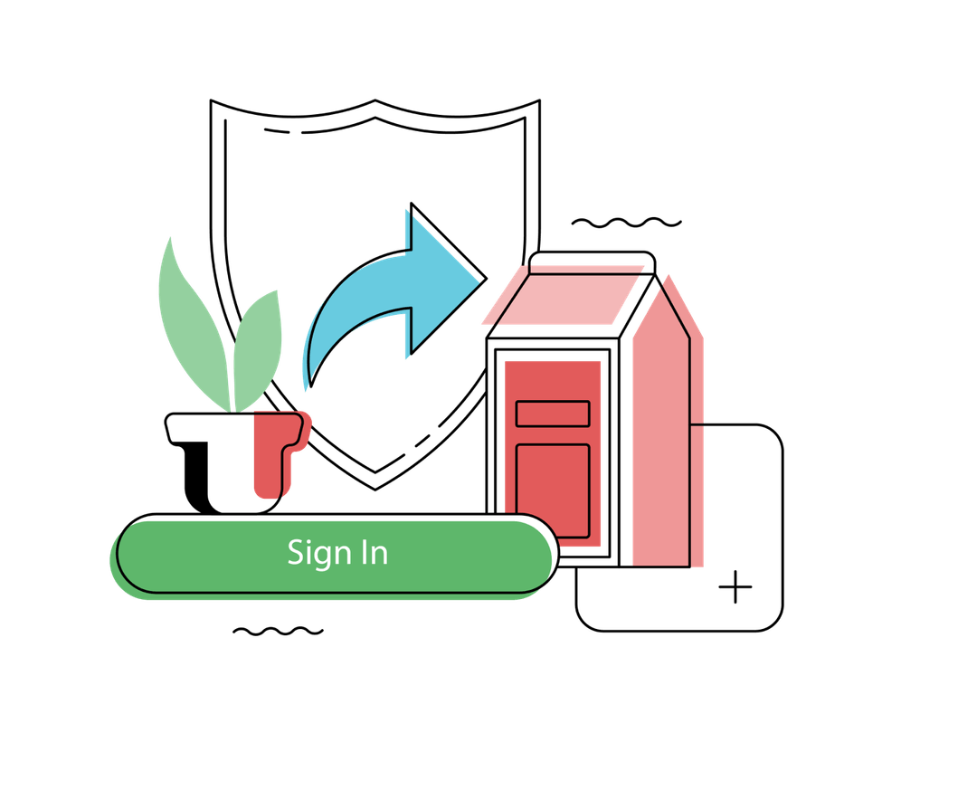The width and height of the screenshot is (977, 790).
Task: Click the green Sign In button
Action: tap(337, 554)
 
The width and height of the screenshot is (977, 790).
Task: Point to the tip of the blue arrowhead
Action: tap(486, 279)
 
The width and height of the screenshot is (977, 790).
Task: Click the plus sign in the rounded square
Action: tap(735, 586)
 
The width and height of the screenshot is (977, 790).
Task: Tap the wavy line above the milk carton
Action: tap(626, 223)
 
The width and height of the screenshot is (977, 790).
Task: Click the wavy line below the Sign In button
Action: tap(278, 632)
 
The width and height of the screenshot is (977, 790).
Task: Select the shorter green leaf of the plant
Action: tap(257, 350)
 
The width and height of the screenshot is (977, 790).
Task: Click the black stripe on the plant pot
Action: tap(198, 474)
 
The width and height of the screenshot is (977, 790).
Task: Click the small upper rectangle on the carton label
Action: tap(553, 414)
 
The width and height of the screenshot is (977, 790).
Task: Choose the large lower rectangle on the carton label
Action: tap(553, 490)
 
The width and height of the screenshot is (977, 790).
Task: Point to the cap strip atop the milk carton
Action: tap(592, 262)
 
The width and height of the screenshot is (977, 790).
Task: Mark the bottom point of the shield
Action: tap(375, 490)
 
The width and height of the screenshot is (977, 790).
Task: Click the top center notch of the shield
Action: tap(375, 100)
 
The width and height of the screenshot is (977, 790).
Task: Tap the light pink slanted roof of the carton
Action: tap(563, 296)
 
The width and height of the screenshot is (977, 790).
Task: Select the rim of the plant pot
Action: tap(234, 428)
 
